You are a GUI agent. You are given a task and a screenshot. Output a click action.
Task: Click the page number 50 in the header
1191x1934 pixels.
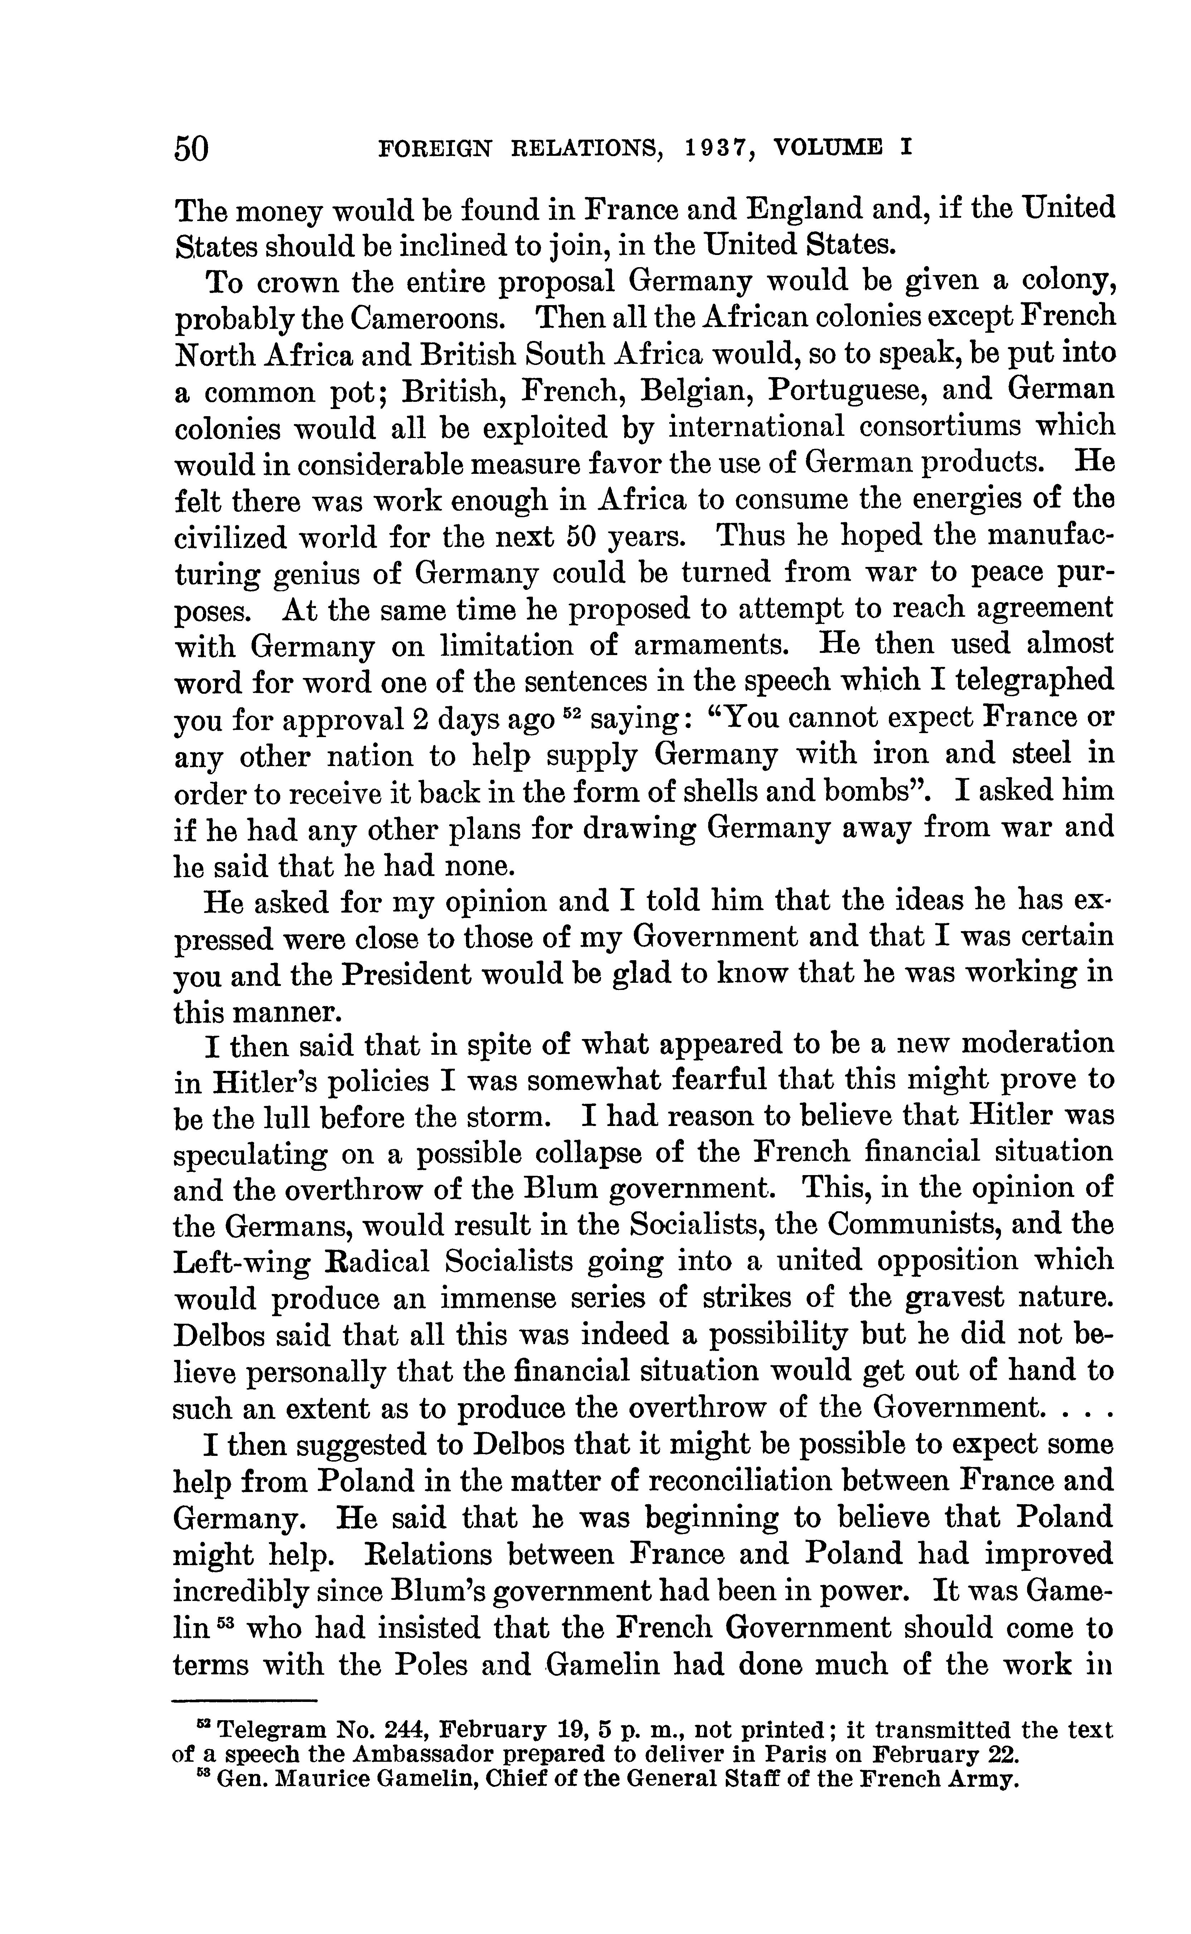coord(191,148)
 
